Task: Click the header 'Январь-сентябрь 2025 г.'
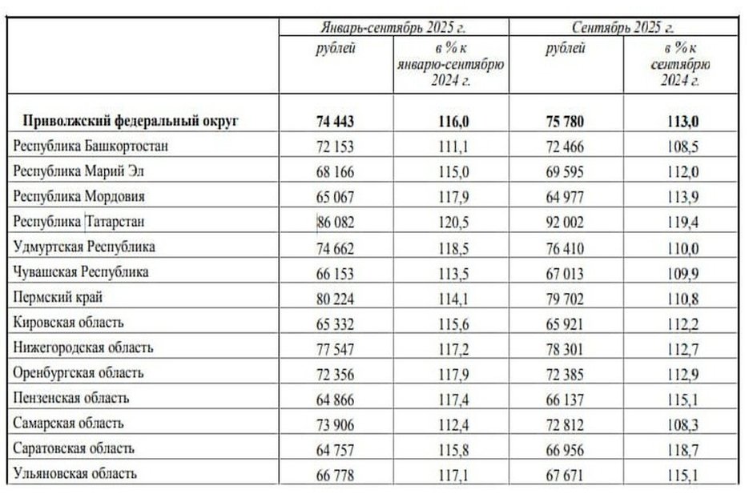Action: (x=393, y=26)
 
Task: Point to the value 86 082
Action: (x=336, y=221)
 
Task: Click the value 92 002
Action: (x=565, y=221)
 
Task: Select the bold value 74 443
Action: (x=336, y=122)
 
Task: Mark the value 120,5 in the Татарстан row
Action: (x=450, y=221)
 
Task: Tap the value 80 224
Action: (x=336, y=297)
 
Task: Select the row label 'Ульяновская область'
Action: (x=75, y=473)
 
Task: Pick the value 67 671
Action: (x=565, y=473)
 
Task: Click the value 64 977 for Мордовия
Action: (x=565, y=196)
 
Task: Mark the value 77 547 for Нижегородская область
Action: (x=336, y=347)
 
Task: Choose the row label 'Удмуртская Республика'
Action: (x=85, y=247)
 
